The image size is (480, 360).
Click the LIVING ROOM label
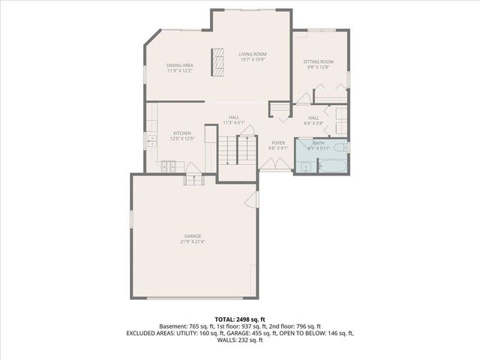[x=253, y=54]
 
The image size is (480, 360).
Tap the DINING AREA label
[x=180, y=66]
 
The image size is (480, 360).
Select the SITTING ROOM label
[x=318, y=61]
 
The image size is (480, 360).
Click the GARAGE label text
[x=193, y=236]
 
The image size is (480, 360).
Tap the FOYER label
[x=278, y=142]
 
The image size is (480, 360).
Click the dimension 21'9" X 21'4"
[x=193, y=242]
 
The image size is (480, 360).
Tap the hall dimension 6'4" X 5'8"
[x=313, y=123]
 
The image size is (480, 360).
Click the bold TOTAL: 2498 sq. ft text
[x=240, y=319]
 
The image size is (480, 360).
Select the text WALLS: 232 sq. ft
[x=240, y=340]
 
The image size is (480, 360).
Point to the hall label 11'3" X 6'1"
[x=234, y=122]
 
